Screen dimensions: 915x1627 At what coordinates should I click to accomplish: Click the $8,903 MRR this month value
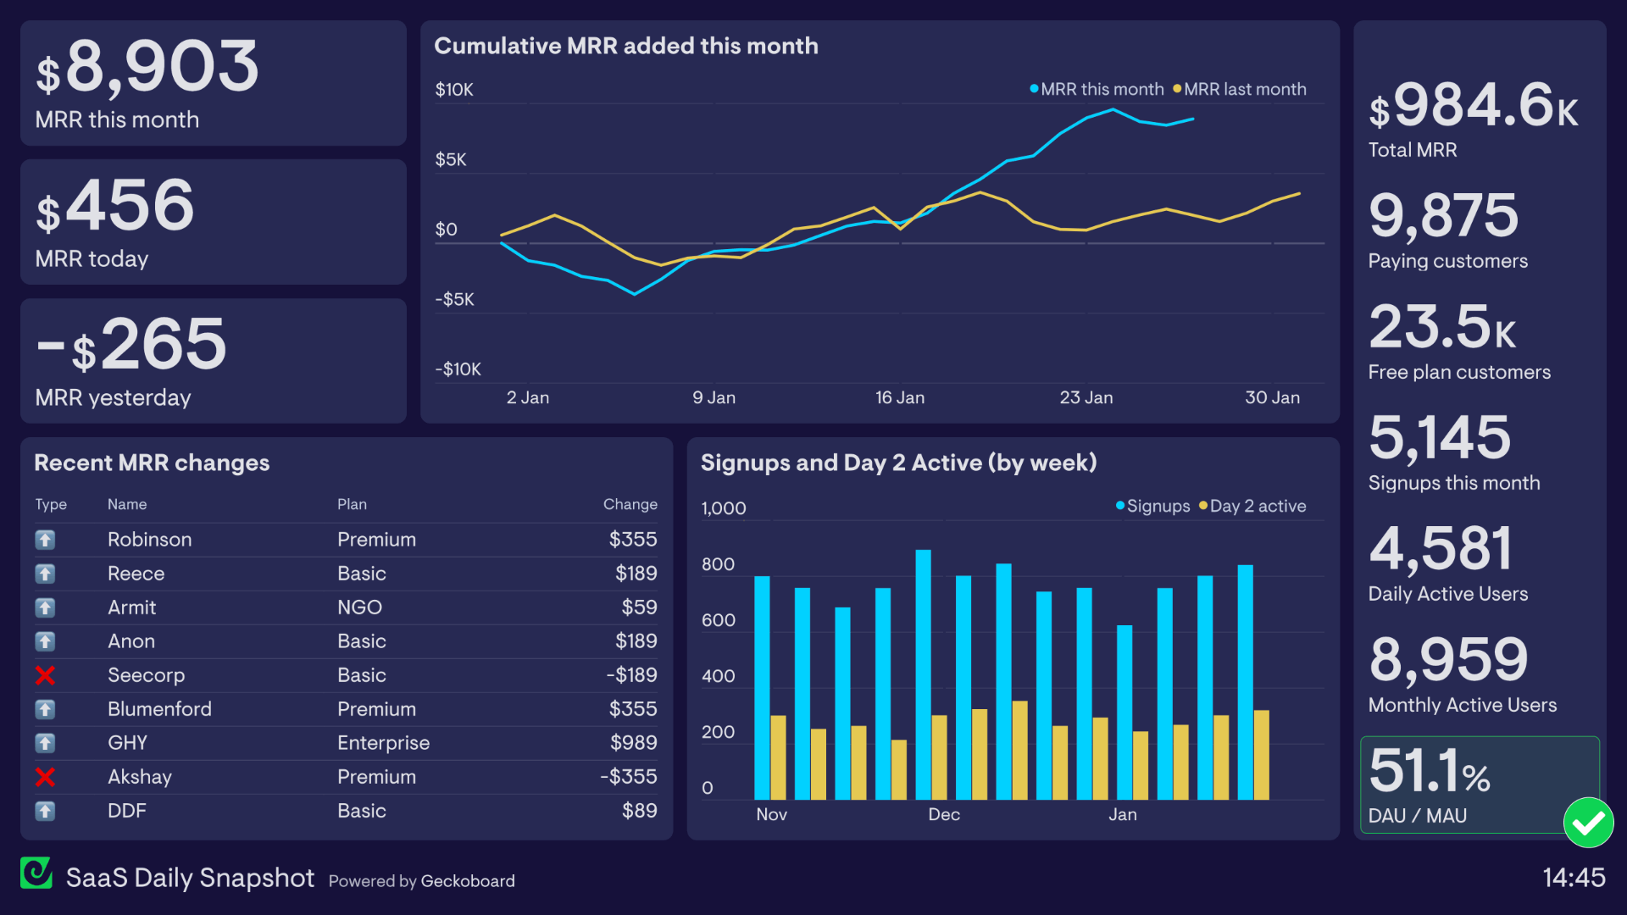147,68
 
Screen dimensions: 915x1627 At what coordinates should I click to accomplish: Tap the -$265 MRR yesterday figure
132,345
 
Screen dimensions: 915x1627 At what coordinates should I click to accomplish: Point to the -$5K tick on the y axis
455,299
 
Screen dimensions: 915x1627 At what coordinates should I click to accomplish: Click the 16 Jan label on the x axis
899,397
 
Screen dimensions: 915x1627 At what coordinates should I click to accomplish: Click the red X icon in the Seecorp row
45,675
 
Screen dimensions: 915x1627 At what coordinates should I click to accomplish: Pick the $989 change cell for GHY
633,743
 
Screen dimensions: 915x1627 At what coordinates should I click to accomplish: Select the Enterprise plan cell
383,743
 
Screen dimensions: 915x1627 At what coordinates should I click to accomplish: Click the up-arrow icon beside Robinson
45,540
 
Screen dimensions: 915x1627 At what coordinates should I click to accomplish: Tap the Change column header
630,504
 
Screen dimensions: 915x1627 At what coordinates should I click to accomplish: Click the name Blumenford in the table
159,709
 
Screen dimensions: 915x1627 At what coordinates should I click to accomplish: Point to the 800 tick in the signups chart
718,564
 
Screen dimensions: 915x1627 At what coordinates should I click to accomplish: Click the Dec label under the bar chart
943,814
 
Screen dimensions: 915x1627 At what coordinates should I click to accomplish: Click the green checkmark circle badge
1588,823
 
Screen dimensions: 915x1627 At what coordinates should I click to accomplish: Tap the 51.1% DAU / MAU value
1430,771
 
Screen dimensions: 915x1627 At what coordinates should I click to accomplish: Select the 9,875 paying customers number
1443,215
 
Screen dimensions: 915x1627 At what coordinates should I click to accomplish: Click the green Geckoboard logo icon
36,873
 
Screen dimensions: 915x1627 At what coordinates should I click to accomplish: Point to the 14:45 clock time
1574,878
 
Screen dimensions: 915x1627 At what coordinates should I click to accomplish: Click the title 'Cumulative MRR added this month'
625,46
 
